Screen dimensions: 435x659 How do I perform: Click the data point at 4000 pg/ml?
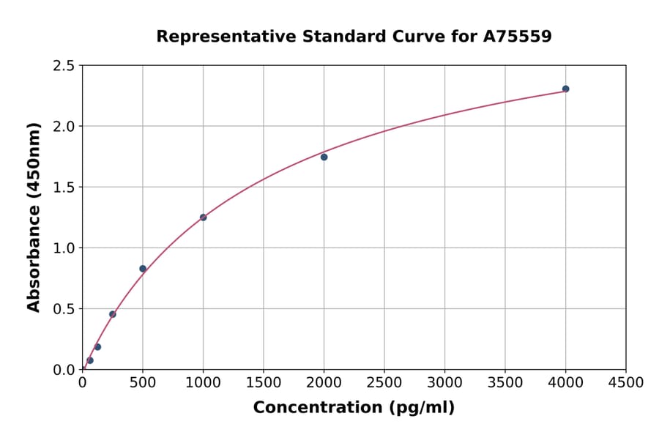click(565, 89)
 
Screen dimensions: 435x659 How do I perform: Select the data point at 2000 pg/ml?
click(324, 157)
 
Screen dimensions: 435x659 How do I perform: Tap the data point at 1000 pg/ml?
click(203, 218)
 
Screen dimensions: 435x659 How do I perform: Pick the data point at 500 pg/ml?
click(143, 269)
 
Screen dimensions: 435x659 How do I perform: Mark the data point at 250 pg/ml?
click(113, 314)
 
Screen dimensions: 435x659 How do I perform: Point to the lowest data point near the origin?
click(90, 360)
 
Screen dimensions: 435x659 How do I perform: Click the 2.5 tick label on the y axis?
click(64, 66)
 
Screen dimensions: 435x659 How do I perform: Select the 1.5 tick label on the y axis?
click(64, 187)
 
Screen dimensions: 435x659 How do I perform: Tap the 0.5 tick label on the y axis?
click(64, 309)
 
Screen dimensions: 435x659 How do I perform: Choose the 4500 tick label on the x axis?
click(625, 383)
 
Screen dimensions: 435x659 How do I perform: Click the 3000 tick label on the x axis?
click(444, 383)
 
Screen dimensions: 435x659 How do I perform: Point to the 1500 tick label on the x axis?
click(264, 383)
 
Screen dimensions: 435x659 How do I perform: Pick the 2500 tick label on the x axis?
click(384, 383)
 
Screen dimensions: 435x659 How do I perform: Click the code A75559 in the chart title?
click(518, 36)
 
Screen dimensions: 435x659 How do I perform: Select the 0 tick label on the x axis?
click(82, 383)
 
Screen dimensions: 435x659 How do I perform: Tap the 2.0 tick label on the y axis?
click(64, 127)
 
